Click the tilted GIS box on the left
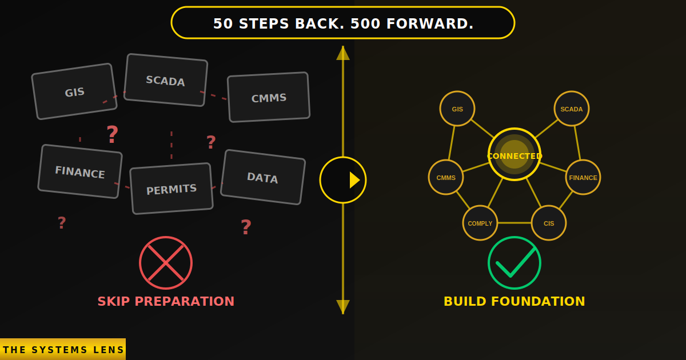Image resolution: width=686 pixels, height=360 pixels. (x=74, y=91)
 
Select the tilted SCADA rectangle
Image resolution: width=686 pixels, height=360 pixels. (x=166, y=80)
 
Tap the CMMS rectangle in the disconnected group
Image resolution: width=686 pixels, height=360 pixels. (x=269, y=97)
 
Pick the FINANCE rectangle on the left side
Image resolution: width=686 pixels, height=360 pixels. (x=80, y=171)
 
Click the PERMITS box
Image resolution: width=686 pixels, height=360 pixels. (x=171, y=189)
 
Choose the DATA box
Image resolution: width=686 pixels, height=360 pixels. (x=263, y=177)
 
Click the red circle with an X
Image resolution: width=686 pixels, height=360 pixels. (x=166, y=263)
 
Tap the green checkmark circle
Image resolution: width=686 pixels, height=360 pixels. (x=514, y=263)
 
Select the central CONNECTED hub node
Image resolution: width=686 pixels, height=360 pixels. (x=514, y=154)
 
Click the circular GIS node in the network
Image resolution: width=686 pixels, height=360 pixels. (x=457, y=109)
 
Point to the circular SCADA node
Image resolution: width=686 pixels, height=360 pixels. (x=572, y=109)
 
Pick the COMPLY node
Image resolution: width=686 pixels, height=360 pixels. (x=480, y=223)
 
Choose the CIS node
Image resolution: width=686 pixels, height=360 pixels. (x=549, y=223)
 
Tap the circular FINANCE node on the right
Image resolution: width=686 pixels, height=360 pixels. (x=583, y=177)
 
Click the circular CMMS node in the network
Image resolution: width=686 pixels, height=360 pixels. (x=446, y=177)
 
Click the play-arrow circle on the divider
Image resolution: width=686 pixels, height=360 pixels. (x=343, y=180)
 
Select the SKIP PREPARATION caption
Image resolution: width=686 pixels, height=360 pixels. (x=166, y=301)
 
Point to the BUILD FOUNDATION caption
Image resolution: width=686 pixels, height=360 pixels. (x=514, y=301)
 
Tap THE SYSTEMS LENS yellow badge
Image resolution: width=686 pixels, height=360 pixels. (x=63, y=349)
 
